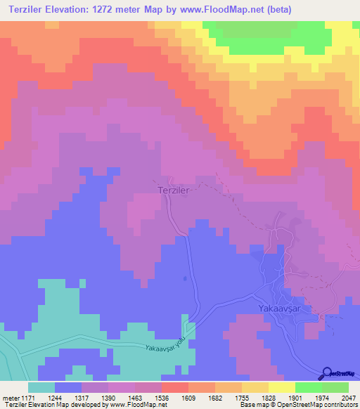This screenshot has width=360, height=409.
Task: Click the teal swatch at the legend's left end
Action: coord(41,387)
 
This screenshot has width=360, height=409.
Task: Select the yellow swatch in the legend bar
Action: coord(281,387)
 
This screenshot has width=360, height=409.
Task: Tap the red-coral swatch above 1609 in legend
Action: coord(174,387)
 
